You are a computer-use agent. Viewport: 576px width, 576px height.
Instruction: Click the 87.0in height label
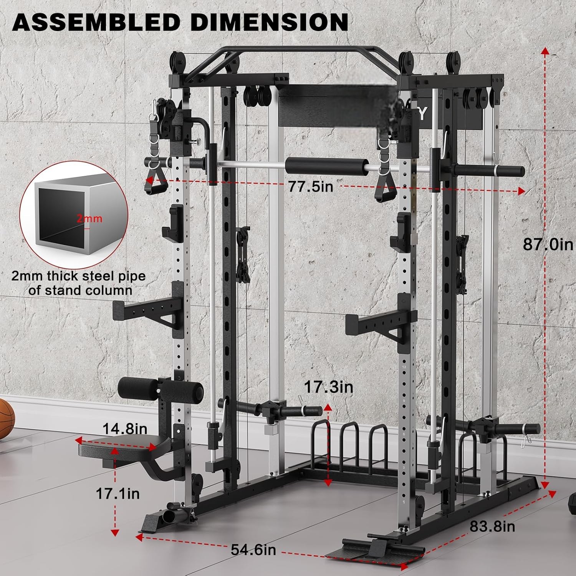548,244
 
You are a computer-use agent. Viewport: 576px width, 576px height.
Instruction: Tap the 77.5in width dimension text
311,187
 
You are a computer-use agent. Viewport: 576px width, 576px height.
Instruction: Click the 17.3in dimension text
329,387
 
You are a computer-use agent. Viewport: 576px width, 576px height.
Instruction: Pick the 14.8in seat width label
125,429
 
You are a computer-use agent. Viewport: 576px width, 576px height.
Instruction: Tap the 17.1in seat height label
118,493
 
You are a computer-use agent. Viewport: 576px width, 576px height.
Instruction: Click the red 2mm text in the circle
89,218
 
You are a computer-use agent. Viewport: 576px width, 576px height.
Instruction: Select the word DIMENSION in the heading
270,22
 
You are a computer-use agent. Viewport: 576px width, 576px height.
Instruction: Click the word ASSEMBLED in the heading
96,22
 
